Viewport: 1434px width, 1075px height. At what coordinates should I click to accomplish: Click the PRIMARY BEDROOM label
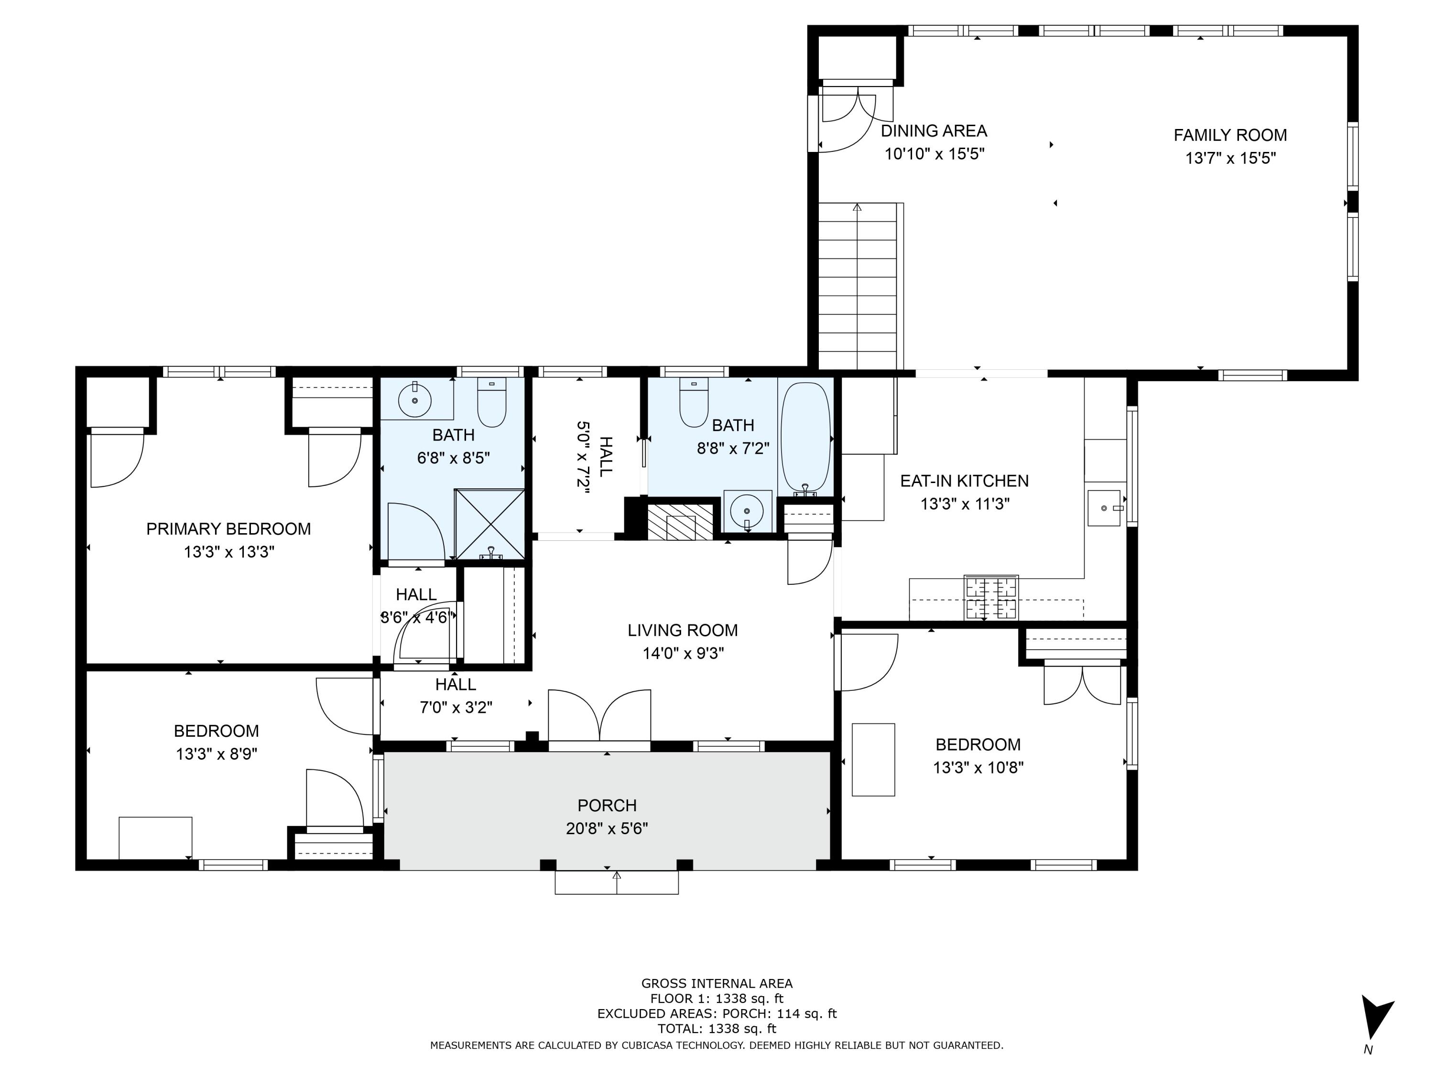228,529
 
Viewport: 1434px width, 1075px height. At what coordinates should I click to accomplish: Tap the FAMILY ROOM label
1230,135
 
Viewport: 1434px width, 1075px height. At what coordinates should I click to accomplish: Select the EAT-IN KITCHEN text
964,481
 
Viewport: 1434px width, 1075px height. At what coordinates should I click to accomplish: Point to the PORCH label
607,806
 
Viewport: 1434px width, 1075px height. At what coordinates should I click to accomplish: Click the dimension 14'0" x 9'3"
683,653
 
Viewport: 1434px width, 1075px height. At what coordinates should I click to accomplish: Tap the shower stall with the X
489,524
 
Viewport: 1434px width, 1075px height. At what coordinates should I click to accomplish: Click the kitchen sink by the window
1103,508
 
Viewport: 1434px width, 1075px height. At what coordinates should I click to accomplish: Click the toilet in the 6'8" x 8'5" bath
491,402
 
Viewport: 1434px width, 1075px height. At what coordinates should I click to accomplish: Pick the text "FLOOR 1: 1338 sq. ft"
717,999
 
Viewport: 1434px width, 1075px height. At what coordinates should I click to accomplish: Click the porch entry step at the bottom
617,882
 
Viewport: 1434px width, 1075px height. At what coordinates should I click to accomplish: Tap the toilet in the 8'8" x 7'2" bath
694,402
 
